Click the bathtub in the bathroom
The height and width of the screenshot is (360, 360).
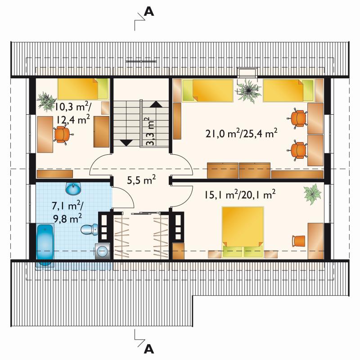coord(45,245)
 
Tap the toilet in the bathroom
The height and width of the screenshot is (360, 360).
coord(89,229)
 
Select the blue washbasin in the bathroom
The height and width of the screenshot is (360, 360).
coord(73,188)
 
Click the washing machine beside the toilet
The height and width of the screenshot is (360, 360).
coord(103,251)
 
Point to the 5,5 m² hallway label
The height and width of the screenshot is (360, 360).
coord(141,180)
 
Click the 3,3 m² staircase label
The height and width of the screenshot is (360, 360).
coord(150,131)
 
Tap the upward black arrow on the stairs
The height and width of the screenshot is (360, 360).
coord(156,104)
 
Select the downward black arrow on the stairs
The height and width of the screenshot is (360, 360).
coord(126,143)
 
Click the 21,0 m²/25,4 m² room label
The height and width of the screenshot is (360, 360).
coord(241,133)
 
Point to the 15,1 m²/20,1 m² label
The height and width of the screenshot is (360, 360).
coord(240,194)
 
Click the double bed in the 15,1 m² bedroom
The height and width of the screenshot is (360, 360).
coord(243,232)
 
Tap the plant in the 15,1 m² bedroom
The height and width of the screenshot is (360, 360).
coord(312,194)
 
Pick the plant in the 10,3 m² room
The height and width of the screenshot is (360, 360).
coord(46,101)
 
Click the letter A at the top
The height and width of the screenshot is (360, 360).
coord(149,12)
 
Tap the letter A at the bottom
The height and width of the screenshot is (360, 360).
coord(149,350)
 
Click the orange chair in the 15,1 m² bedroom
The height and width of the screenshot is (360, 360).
coord(298,241)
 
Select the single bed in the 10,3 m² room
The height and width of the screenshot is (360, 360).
coord(83,89)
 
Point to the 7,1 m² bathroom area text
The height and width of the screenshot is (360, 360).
coord(67,211)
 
